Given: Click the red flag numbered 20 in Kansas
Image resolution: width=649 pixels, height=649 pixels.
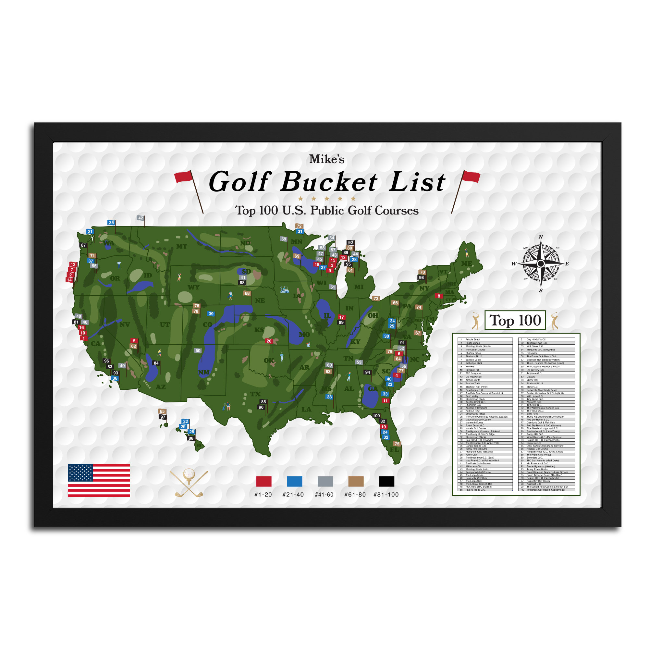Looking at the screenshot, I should point(269,341).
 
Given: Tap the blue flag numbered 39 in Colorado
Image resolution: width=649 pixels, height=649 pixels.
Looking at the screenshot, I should point(211,314).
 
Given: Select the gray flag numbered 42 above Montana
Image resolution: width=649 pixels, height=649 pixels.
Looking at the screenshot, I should point(141,218).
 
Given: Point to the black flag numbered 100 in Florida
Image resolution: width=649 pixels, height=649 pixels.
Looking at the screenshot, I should point(376,416).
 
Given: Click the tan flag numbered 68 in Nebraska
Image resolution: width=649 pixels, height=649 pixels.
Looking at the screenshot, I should point(247,293).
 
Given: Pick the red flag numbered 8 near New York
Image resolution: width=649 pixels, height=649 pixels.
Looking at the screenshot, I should point(439,296).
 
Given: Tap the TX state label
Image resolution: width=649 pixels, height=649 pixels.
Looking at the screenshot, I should point(255,394).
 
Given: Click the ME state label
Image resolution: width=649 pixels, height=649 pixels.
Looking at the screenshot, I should point(466,264).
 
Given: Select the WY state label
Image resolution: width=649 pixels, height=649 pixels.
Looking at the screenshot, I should point(193,288).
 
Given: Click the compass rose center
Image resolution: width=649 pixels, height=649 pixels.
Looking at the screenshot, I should point(541,264).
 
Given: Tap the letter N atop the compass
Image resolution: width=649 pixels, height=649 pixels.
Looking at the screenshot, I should point(541,237).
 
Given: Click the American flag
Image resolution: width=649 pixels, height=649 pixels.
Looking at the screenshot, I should point(99,480).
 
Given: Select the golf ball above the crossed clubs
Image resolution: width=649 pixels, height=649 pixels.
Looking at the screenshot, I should point(189,474).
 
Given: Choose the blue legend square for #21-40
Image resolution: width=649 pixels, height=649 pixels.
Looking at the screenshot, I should point(294,481).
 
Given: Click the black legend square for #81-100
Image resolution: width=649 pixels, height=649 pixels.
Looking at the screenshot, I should point(387,481).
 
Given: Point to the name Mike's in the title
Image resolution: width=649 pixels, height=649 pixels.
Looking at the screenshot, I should point(327,159).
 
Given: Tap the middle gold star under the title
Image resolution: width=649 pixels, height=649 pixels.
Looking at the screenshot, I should point(327,199).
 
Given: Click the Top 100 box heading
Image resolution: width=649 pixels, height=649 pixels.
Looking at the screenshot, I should point(515,320).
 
